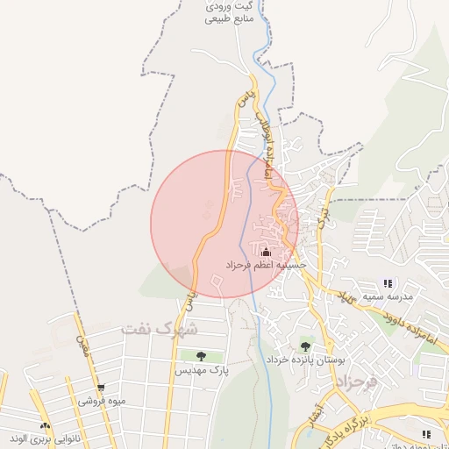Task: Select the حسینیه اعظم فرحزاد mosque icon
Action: point(266,252)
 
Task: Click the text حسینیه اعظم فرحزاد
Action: point(266,264)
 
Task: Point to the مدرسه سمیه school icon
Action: point(388,283)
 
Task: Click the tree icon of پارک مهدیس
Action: point(201,356)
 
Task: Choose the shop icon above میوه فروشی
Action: point(101,388)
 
